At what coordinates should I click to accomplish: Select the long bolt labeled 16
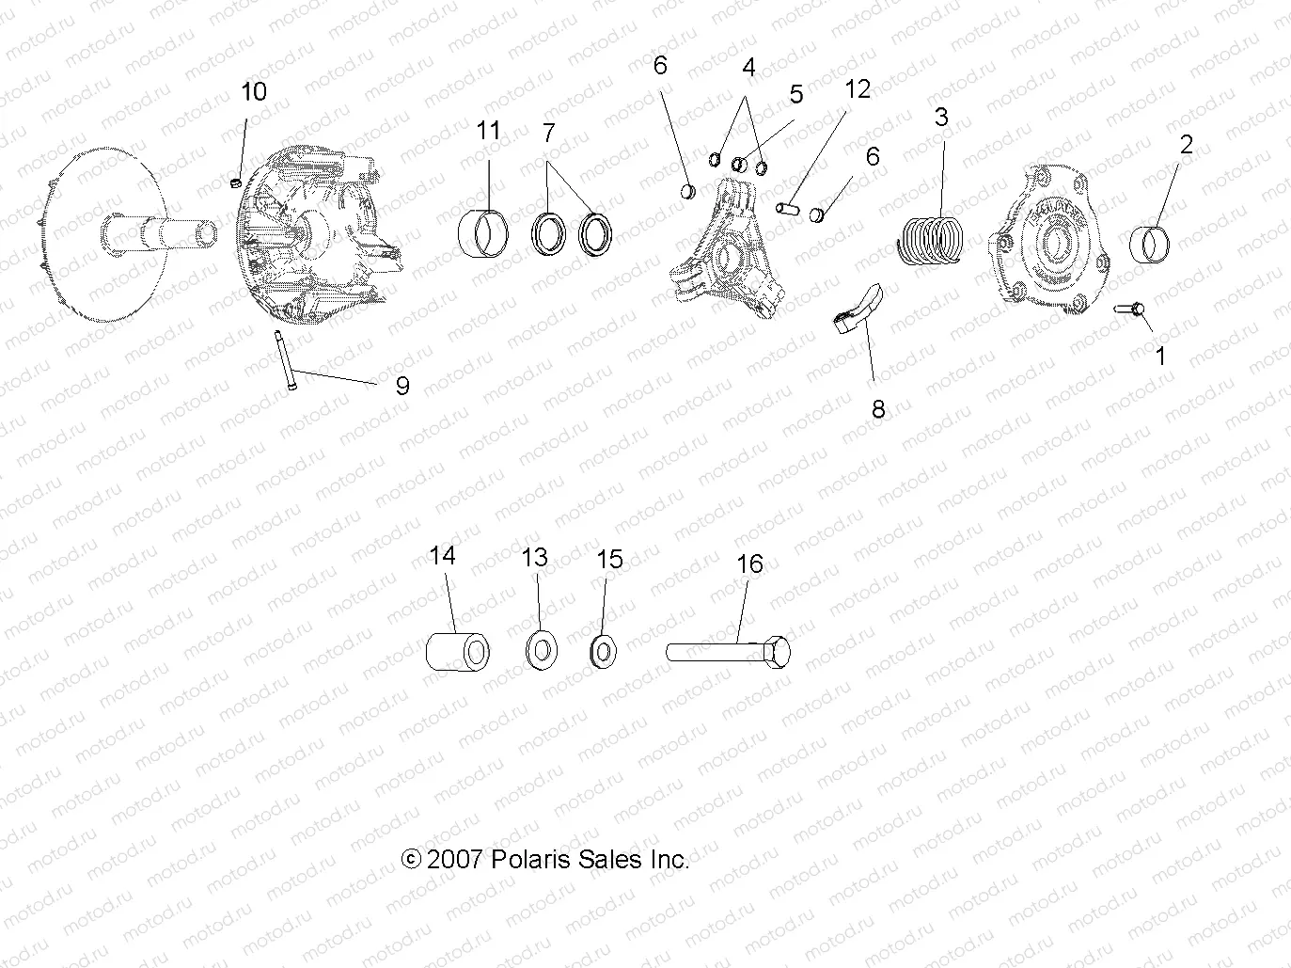click(x=730, y=651)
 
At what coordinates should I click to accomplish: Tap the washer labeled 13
click(x=541, y=650)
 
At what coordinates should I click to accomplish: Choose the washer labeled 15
click(x=602, y=650)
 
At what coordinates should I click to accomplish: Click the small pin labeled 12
click(x=788, y=203)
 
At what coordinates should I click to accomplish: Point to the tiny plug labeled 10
click(x=237, y=180)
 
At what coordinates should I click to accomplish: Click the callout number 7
click(x=548, y=133)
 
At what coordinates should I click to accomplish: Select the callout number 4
click(x=748, y=68)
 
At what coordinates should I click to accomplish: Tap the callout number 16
click(x=749, y=563)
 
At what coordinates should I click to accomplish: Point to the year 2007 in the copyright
click(x=454, y=859)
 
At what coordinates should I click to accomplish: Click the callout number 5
click(x=796, y=94)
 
